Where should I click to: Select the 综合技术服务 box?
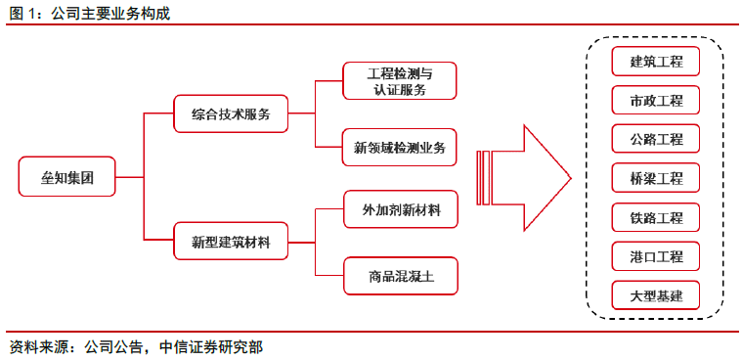point(231,113)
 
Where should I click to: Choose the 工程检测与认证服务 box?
point(400,81)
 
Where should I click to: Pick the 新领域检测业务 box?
point(400,147)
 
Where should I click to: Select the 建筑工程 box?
point(656,63)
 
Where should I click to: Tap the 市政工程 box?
point(656,101)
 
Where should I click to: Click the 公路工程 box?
point(656,140)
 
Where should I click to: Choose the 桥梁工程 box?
point(656,179)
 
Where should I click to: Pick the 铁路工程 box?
point(656,217)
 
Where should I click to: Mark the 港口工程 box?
point(656,256)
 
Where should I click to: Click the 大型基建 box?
point(656,295)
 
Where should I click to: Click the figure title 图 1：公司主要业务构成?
point(89,12)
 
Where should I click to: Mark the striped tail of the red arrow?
point(484,178)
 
